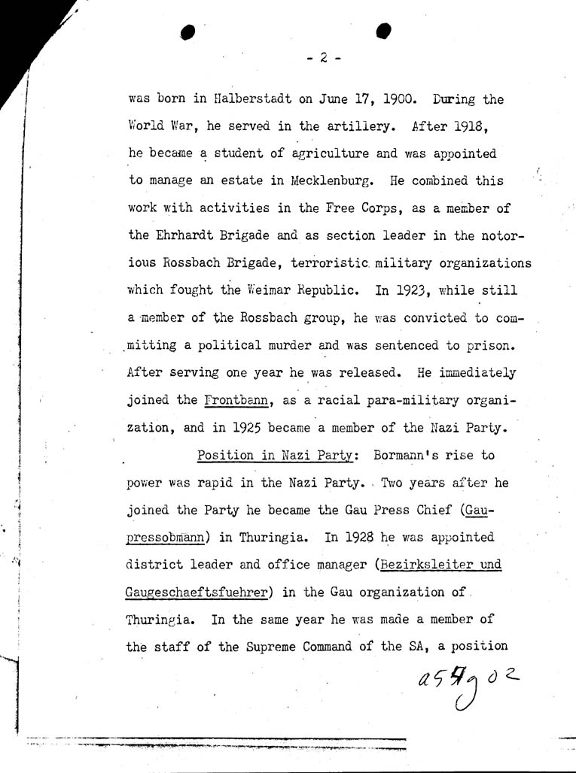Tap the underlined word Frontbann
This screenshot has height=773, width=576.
[x=233, y=400]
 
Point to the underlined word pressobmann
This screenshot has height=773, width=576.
[x=170, y=538]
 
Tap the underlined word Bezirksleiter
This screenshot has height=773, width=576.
[x=422, y=565]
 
